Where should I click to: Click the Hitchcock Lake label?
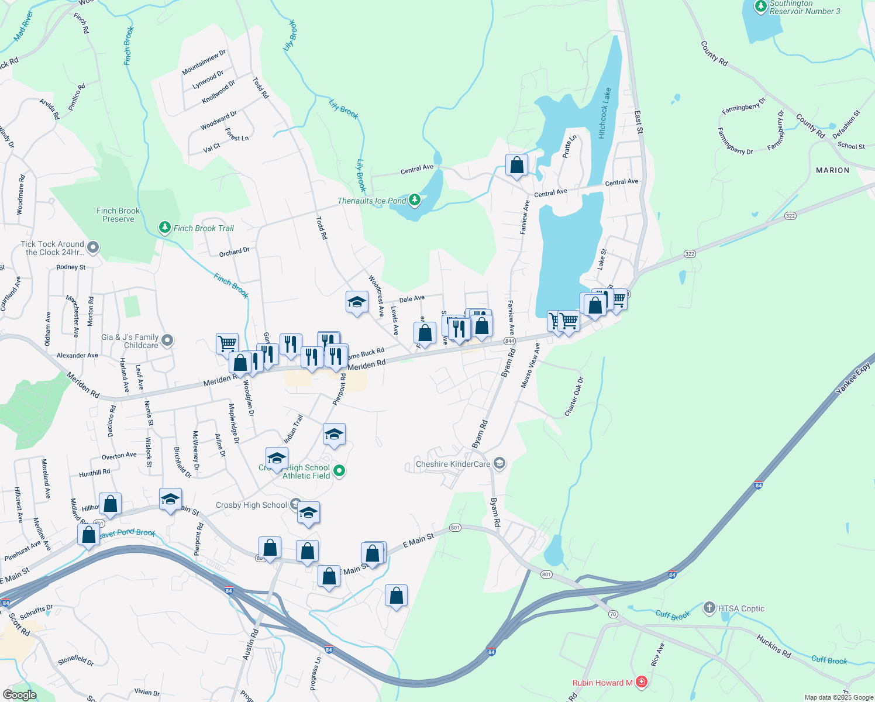click(605, 113)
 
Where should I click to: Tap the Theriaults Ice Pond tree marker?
click(415, 200)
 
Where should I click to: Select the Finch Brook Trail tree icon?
click(165, 227)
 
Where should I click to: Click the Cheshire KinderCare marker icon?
click(499, 464)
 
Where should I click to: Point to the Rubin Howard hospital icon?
click(642, 682)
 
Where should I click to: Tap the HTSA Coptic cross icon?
click(709, 608)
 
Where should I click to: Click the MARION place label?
click(832, 170)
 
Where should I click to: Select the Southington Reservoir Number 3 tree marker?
click(760, 6)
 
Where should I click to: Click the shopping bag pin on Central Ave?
click(517, 166)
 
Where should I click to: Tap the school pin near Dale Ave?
click(357, 302)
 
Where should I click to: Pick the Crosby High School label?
click(252, 505)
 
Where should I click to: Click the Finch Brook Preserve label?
click(118, 215)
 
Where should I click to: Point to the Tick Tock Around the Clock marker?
click(92, 248)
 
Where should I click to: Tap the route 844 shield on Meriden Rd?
click(509, 341)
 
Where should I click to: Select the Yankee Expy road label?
click(854, 378)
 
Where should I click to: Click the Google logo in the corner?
click(19, 694)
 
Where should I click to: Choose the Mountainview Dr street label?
click(204, 63)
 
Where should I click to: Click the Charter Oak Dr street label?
click(574, 397)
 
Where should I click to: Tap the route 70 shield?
click(613, 614)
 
